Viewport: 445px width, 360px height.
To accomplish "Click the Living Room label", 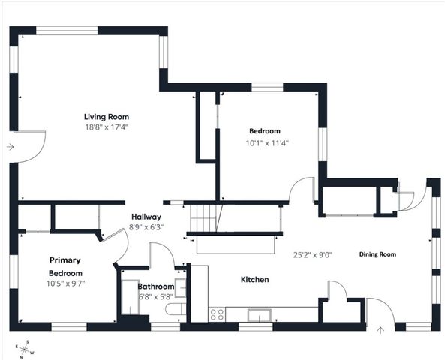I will click(107, 117).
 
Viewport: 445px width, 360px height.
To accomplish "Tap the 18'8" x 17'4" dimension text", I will click(107, 128).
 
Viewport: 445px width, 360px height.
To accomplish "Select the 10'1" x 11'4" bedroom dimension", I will click(267, 142).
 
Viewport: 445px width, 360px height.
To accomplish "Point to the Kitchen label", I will click(254, 280).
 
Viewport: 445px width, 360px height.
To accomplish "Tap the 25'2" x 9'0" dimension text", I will click(312, 254).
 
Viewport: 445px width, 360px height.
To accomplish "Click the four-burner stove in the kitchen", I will click(218, 314).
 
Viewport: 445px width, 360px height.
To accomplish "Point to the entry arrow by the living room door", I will click(9, 147).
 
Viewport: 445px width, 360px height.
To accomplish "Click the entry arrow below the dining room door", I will click(380, 328).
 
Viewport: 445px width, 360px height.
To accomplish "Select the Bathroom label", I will click(156, 286).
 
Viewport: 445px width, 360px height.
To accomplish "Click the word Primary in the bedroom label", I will click(65, 259).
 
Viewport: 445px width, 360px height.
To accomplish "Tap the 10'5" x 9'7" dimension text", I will click(65, 284).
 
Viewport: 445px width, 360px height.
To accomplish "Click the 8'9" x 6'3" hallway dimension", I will click(146, 226).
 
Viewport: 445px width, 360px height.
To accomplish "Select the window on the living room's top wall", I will click(68, 31).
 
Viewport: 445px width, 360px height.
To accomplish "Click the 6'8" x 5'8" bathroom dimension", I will click(156, 297).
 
